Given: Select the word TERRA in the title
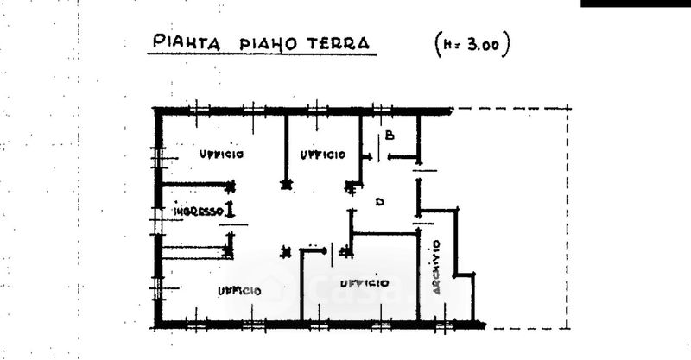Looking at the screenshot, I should pyautogui.click(x=336, y=43).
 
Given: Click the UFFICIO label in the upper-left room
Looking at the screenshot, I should pyautogui.click(x=221, y=155).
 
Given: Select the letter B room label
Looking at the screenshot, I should pyautogui.click(x=390, y=136).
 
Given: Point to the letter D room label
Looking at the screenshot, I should pyautogui.click(x=378, y=201).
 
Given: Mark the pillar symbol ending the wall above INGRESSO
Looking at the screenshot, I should pyautogui.click(x=229, y=186).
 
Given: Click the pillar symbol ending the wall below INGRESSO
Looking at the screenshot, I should pyautogui.click(x=228, y=252).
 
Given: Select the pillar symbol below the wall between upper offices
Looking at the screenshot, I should pyautogui.click(x=286, y=183).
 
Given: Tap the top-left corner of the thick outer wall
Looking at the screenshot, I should pyautogui.click(x=158, y=111).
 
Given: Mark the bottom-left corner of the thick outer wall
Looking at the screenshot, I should pyautogui.click(x=158, y=326).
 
